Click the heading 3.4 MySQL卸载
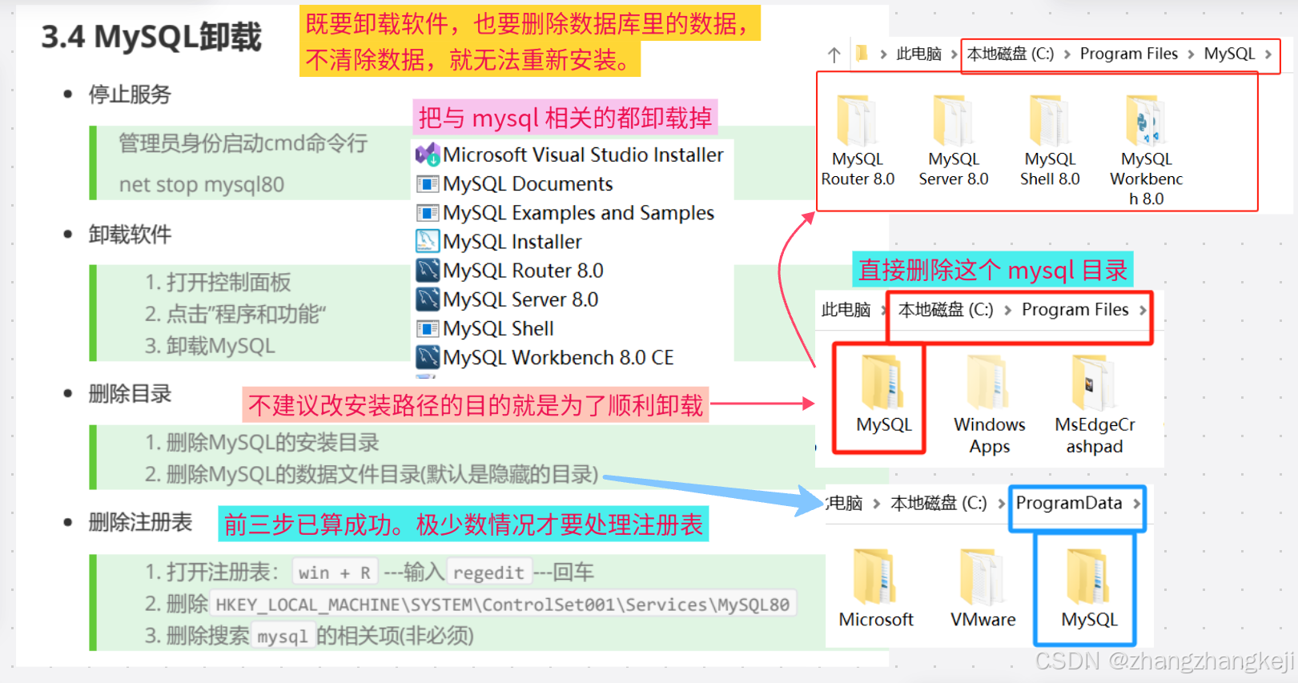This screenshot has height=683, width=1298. coord(151,37)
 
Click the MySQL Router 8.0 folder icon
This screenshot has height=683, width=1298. coord(856,121)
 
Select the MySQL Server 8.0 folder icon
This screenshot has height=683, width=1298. coord(953,121)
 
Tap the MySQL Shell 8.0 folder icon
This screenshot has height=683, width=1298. coord(1049,121)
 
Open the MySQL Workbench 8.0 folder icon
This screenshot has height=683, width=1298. coord(1146,121)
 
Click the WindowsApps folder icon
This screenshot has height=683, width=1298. coord(988,383)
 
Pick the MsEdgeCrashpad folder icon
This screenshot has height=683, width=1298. coord(1093,383)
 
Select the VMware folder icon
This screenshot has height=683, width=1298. coord(983,577)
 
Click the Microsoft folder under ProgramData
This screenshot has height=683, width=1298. coord(875,577)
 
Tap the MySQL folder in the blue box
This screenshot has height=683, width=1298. coord(1088,577)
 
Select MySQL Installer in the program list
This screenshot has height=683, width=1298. coord(512,242)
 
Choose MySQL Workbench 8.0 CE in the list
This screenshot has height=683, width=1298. coord(557,357)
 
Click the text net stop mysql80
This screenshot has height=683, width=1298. coord(202,185)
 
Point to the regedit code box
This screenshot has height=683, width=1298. coord(488,573)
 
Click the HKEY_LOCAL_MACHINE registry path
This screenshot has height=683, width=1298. coord(502,605)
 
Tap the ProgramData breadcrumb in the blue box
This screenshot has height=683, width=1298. coord(1069,503)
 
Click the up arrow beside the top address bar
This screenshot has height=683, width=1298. coord(834,54)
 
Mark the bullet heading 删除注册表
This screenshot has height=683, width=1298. coord(140,522)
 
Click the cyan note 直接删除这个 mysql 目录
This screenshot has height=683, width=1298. coord(992,271)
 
